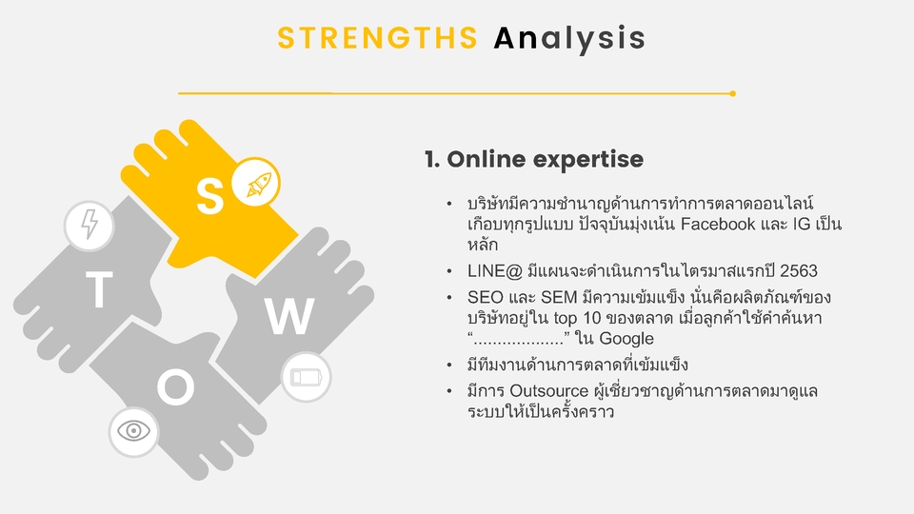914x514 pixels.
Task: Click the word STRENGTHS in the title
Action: click(x=377, y=38)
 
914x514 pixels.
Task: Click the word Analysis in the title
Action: click(x=569, y=38)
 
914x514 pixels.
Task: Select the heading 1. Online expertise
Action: click(x=533, y=159)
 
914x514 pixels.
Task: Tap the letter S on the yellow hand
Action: click(x=209, y=195)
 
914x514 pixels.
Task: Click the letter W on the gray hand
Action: click(x=289, y=317)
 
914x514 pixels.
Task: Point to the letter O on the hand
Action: click(x=175, y=386)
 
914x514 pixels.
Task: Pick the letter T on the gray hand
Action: click(x=99, y=291)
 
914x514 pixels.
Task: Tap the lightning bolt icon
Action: click(x=89, y=226)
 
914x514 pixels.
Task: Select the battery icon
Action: click(x=307, y=377)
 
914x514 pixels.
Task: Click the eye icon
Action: click(x=133, y=431)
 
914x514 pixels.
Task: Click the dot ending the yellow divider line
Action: click(x=732, y=93)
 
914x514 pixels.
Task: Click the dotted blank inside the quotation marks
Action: click(x=518, y=340)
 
